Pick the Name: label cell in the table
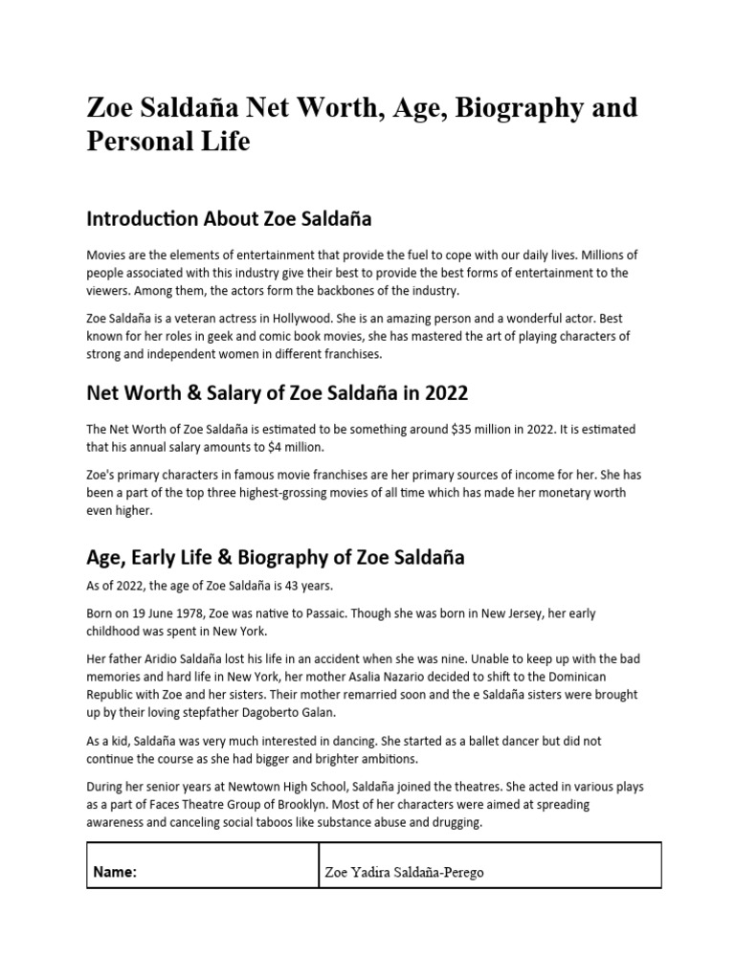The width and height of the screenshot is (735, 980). [115, 872]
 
